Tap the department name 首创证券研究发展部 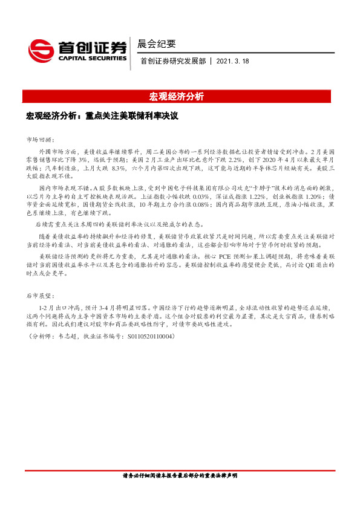point(172,62)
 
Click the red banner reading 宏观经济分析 point(176,97)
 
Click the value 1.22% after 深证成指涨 point(260,197)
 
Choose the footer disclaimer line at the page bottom point(180,476)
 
